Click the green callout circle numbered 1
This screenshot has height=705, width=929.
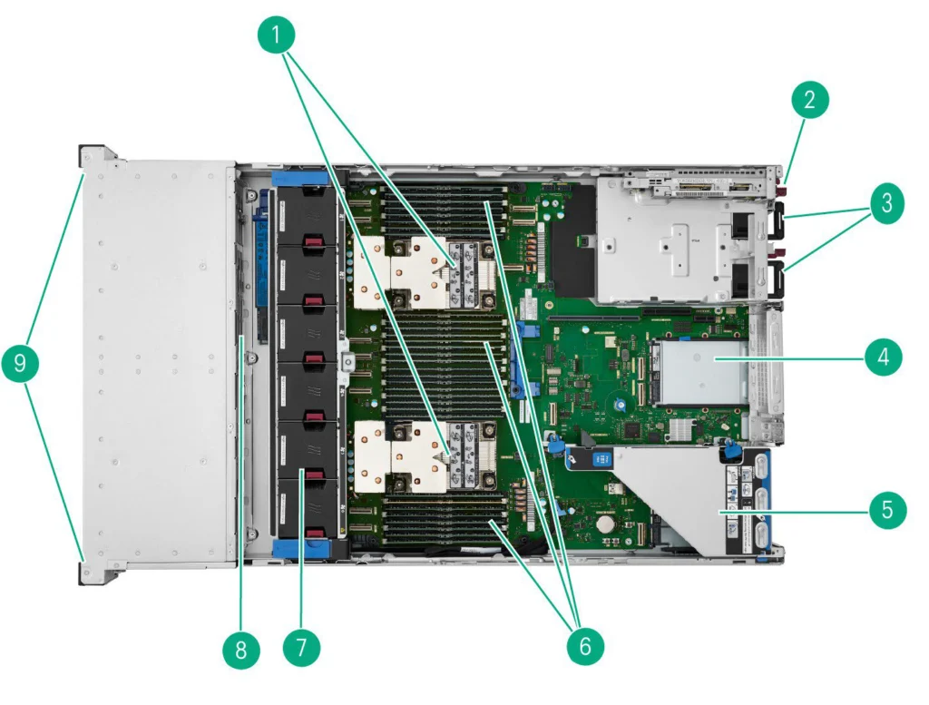click(277, 35)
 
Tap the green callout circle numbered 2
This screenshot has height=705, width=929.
click(810, 99)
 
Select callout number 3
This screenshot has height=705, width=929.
click(886, 203)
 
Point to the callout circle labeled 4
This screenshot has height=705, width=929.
click(884, 357)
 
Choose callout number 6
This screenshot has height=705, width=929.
click(585, 645)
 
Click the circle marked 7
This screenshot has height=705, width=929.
click(301, 647)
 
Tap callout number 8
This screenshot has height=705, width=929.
click(241, 650)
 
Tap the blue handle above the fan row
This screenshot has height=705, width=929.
click(299, 179)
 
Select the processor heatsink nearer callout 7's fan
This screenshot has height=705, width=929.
click(425, 456)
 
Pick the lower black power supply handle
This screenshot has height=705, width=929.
click(777, 279)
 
